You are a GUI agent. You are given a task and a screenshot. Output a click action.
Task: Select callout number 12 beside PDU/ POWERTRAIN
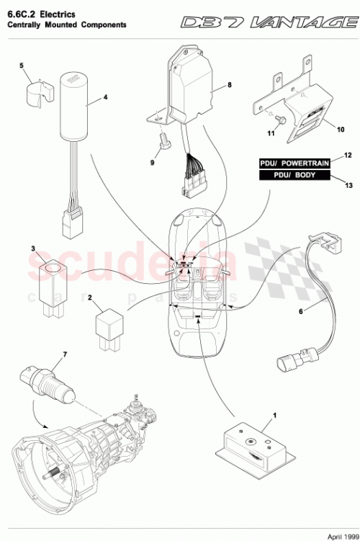tap(348, 156)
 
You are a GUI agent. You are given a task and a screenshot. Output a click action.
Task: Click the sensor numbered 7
tap(52, 382)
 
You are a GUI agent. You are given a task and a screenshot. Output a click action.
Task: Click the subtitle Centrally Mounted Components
tap(66, 24)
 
